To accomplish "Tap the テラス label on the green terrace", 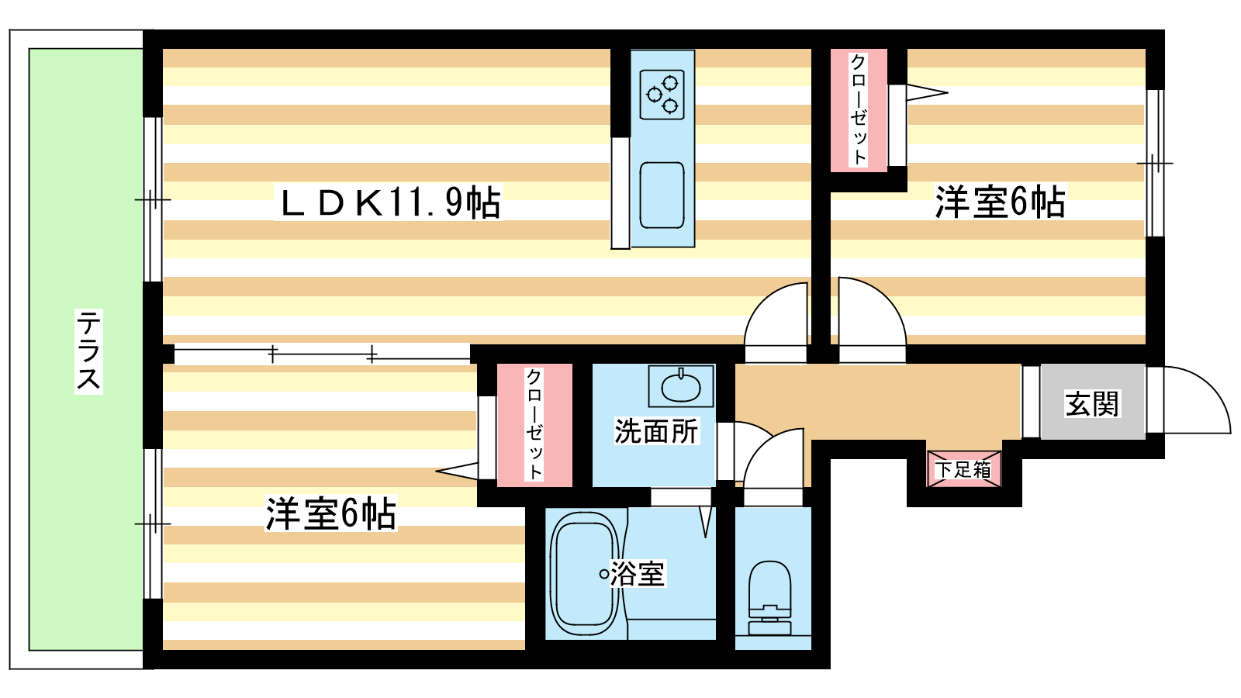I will tap(88, 351).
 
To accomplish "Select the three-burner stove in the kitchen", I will tap(662, 95).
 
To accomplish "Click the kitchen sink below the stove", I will tap(662, 195).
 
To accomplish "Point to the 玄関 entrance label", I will tap(1092, 403).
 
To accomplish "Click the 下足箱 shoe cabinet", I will tap(963, 469).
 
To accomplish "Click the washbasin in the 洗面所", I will tap(681, 385).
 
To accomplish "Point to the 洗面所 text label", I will tap(656, 431).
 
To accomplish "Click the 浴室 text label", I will tap(638, 574).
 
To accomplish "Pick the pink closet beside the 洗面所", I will tap(534, 425).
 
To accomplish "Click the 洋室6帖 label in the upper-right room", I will tap(999, 202).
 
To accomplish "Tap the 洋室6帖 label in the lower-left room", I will tap(331, 513).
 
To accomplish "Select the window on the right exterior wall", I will tap(1155, 163).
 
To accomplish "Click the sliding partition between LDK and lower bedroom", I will tap(322, 355).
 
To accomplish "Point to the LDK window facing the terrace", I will tap(153, 199).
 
